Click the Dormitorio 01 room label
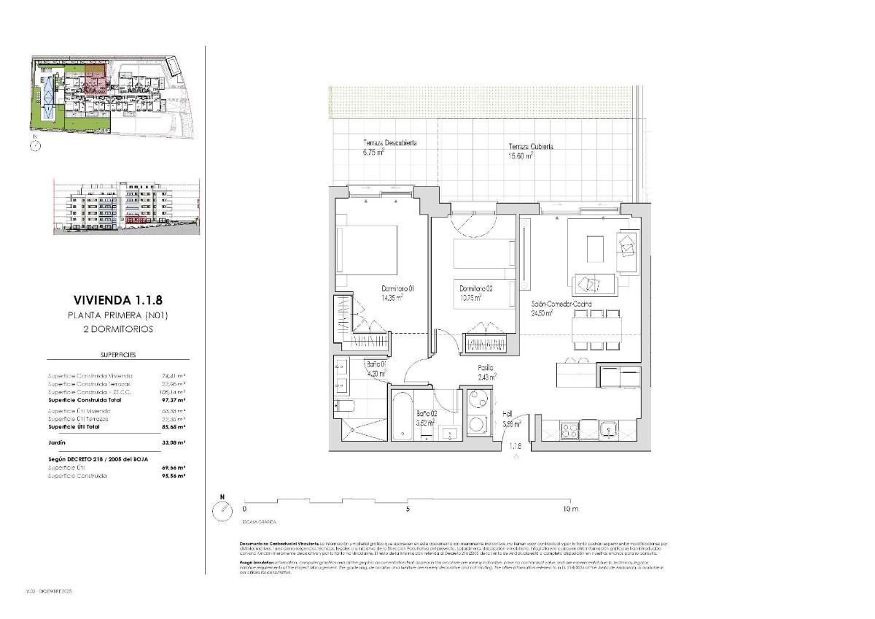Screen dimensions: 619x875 397,289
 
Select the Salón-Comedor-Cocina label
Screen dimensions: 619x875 561,304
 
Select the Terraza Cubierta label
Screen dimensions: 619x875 530,147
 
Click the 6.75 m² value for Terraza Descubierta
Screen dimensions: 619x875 373,153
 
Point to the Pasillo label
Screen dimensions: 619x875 486,368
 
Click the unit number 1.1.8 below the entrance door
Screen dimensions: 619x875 516,446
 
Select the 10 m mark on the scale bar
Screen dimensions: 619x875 569,509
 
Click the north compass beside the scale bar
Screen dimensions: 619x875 222,511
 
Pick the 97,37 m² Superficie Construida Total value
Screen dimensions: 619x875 173,401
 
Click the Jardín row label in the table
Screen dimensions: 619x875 57,442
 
